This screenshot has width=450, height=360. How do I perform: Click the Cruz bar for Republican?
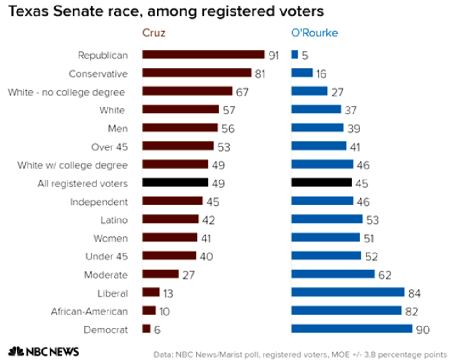pos(203,55)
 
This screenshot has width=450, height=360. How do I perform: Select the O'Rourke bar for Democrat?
pos(352,329)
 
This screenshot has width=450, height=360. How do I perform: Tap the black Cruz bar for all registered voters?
pos(175,182)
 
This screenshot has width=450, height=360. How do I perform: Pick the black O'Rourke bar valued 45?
pos(321,182)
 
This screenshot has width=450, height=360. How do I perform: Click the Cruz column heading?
pos(153,33)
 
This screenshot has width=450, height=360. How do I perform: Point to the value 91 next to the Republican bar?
pos(274,55)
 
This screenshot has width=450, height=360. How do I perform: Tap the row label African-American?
pos(90,311)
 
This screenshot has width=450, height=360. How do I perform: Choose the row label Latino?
pos(114,220)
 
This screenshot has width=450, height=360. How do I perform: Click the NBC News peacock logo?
pos(17,351)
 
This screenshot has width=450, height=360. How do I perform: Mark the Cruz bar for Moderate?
pos(160,274)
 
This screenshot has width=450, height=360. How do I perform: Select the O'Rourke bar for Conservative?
pos(302,73)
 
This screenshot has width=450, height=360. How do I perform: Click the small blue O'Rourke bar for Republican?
pos(295,55)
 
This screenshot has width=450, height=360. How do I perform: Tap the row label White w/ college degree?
pos(73,165)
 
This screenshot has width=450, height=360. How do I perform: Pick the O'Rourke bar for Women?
pos(326,237)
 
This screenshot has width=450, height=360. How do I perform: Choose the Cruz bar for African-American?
pos(149,311)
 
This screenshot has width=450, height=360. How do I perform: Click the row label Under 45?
pos(107,256)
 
